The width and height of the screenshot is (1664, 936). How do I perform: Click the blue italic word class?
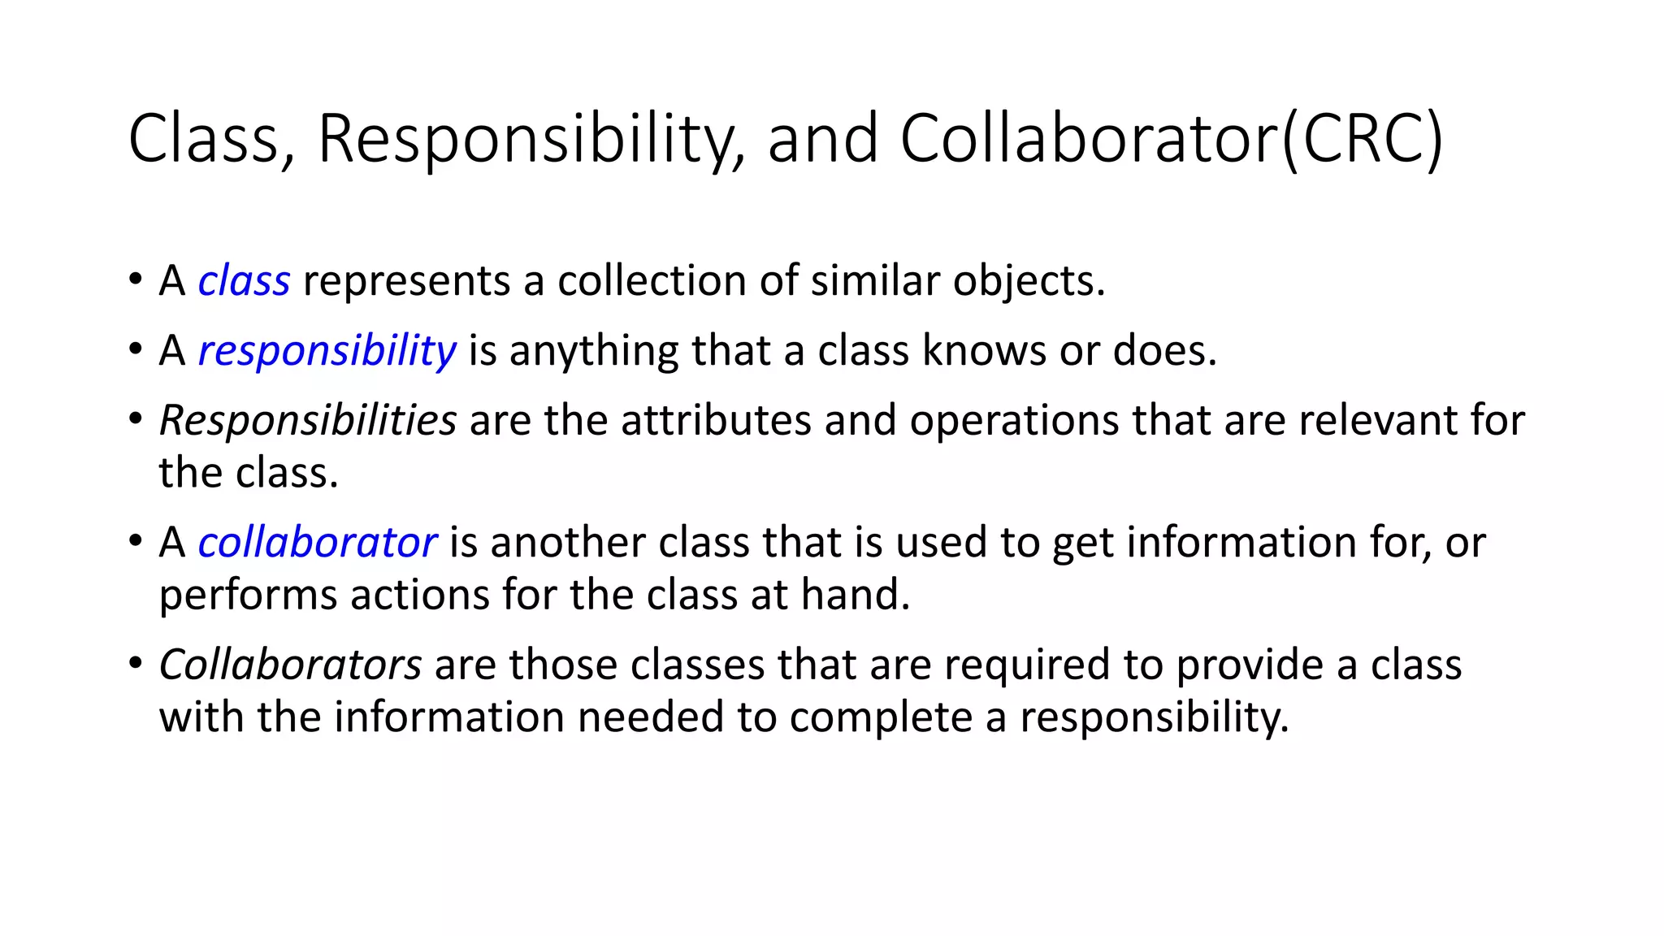pos(244,281)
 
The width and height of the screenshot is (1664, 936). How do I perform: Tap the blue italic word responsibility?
pos(327,352)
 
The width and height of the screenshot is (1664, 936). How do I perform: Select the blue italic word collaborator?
pos(317,543)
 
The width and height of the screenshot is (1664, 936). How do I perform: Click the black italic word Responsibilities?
pos(307,421)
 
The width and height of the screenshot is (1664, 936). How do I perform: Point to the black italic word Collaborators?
pos(290,665)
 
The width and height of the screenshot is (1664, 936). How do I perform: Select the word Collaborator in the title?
pos(1089,140)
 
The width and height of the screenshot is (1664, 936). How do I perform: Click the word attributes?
pos(716,421)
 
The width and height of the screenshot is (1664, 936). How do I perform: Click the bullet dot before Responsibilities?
pos(135,419)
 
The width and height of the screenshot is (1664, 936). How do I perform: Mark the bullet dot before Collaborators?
pos(135,663)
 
